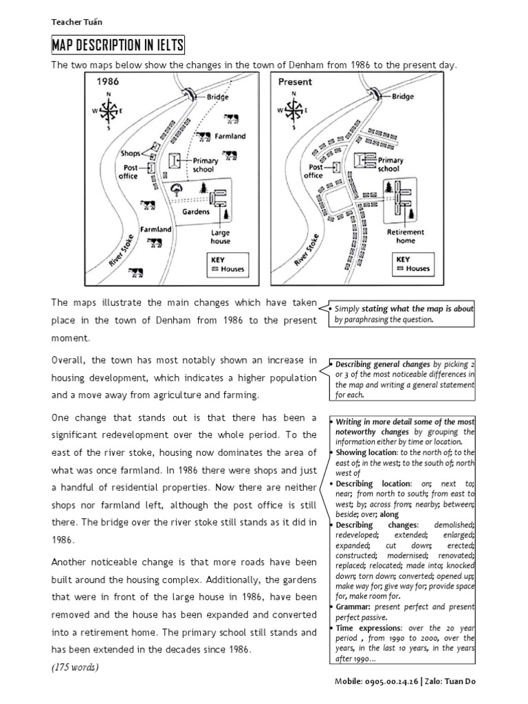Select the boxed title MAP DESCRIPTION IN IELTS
118,46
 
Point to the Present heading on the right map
294,81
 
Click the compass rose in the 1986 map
109,110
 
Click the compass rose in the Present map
294,110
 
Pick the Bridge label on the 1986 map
218,97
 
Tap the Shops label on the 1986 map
130,153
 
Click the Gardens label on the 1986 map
196,212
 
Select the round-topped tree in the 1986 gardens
177,188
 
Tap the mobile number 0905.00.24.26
388,681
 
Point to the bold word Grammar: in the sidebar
354,608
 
